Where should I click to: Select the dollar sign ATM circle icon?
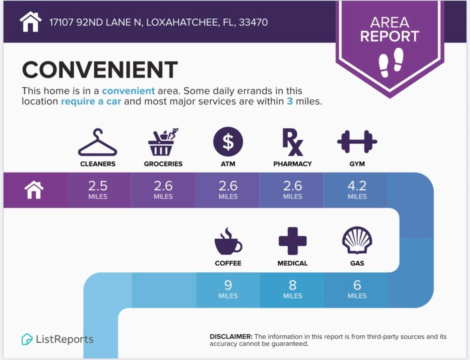click(x=228, y=141)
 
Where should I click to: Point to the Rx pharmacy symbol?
click(x=293, y=142)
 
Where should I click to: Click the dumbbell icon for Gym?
click(x=357, y=141)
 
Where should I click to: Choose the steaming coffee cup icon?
click(x=228, y=241)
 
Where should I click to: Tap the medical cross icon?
click(x=293, y=241)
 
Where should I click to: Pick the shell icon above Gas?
click(x=357, y=240)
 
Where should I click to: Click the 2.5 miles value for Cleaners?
click(x=98, y=190)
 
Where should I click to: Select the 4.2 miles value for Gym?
click(x=357, y=190)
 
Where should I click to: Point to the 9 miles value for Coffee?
click(x=228, y=289)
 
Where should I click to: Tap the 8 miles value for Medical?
click(x=293, y=289)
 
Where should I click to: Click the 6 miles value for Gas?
click(x=357, y=289)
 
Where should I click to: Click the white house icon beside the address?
click(x=30, y=21)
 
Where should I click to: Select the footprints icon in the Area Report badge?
click(x=391, y=62)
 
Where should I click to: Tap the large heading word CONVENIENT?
click(x=100, y=69)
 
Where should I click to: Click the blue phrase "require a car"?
click(x=91, y=101)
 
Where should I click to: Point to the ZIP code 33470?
click(x=253, y=22)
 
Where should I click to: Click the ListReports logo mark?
click(x=27, y=339)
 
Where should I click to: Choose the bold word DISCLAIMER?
click(x=231, y=337)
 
